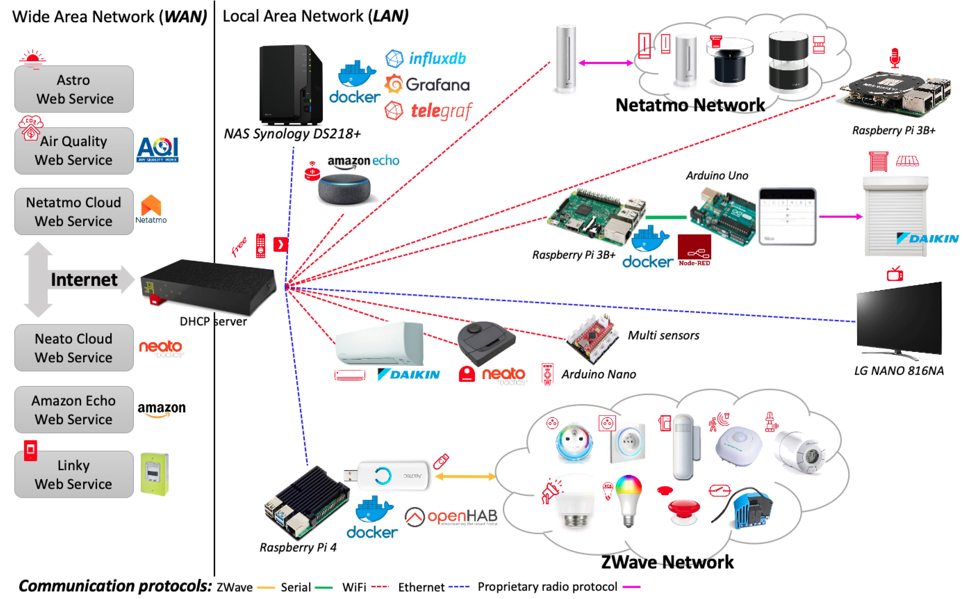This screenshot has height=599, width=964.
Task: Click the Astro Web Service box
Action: point(74,89)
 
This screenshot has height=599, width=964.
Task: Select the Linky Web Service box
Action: point(74,474)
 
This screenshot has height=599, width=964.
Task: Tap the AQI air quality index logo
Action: point(157,149)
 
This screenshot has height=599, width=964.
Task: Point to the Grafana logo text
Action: point(437,85)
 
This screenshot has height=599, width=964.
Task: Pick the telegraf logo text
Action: point(441,111)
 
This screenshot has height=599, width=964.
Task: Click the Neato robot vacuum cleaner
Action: point(486,343)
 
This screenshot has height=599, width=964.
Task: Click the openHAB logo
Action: point(451,517)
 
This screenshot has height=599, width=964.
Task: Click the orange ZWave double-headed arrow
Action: point(465,477)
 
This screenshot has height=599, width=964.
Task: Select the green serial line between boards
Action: point(666,217)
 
